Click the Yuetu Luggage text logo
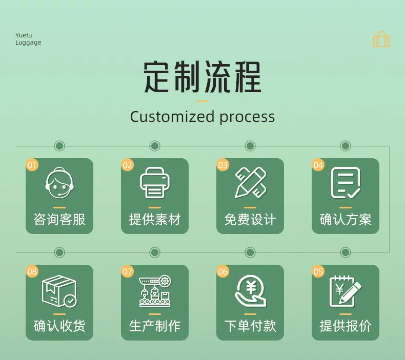coord(28,39)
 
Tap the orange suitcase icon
coord(381,39)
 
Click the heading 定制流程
coord(202,77)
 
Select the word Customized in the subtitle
coord(172,117)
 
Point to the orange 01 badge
coord(32,165)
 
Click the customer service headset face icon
coord(59,183)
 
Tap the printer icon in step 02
coord(155,183)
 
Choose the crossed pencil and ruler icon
coord(250,183)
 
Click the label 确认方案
coord(346,220)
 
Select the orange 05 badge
coord(318,271)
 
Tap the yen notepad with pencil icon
coord(346,291)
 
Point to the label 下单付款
coord(250,326)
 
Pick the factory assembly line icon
coord(155,291)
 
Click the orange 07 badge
coord(127,271)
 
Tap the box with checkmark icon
coord(59,291)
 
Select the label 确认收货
coord(59,326)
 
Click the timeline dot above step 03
coord(250,146)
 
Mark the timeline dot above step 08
coord(59,252)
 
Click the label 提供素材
coord(155,220)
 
